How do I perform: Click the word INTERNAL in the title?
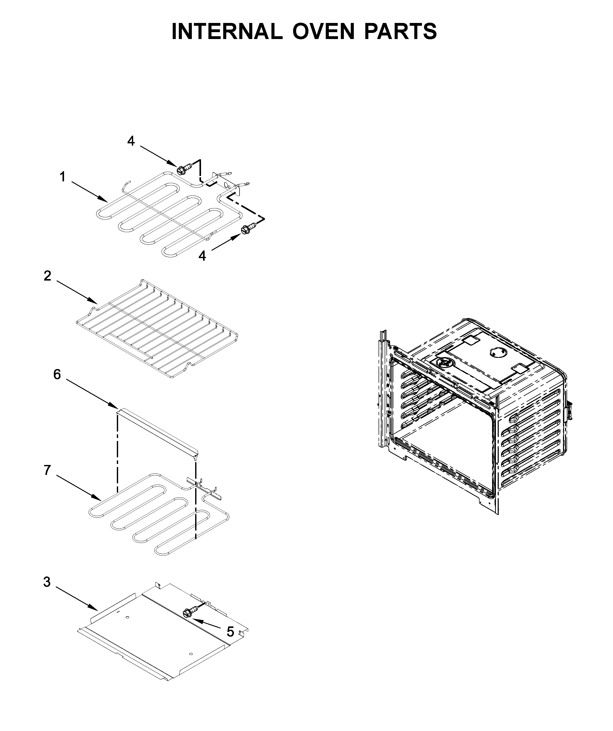pyautogui.click(x=227, y=31)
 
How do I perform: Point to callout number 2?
pyautogui.click(x=48, y=276)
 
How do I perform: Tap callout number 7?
pyautogui.click(x=48, y=470)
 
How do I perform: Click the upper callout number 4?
pyautogui.click(x=131, y=141)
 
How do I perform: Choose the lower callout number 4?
pyautogui.click(x=202, y=256)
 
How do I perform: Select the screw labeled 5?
pyautogui.click(x=190, y=612)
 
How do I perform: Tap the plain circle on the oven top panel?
pyautogui.click(x=496, y=353)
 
